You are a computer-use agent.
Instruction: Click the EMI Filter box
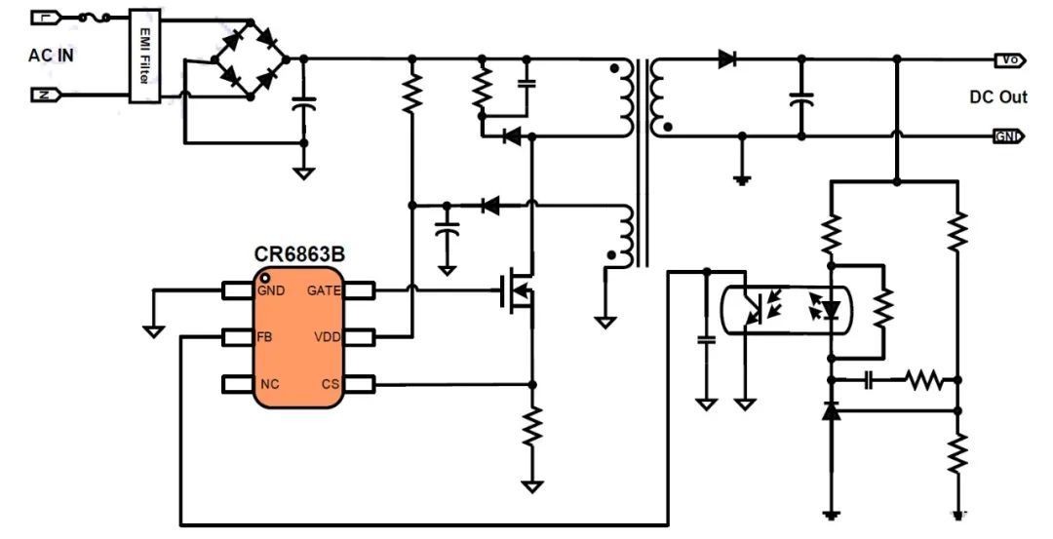tap(145, 56)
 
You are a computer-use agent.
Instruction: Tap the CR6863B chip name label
tap(299, 255)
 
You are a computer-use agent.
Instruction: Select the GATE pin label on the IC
tap(324, 290)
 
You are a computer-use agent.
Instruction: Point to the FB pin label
tap(264, 337)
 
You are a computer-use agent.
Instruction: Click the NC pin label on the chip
tap(269, 385)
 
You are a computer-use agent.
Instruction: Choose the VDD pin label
tap(327, 337)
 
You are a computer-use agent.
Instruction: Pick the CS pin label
tap(331, 385)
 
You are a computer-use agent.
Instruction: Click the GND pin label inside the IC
tap(271, 290)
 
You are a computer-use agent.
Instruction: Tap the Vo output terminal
tap(1009, 59)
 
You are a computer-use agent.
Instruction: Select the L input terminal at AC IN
tap(46, 19)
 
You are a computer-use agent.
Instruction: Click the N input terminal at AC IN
tap(46, 95)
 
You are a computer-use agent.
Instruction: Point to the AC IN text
tap(51, 56)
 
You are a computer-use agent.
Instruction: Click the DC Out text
tap(998, 97)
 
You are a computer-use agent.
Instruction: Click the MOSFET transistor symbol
tap(517, 291)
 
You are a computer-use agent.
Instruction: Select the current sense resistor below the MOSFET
tap(532, 426)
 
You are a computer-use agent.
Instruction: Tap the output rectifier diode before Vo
tap(726, 59)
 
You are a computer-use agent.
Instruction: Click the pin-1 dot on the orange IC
tap(265, 277)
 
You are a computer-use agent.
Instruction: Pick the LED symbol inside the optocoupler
tap(832, 310)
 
